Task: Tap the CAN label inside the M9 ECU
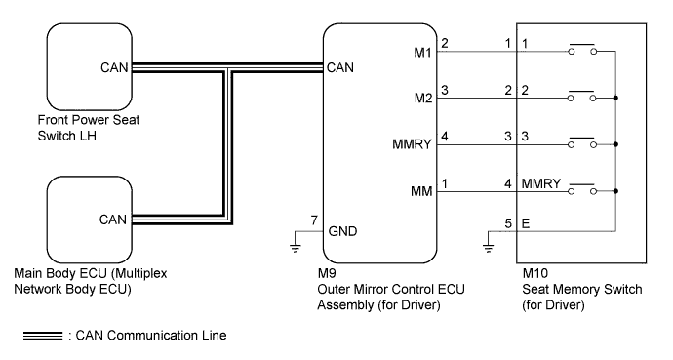[340, 67]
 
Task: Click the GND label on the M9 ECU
[342, 231]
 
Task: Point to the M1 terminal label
[422, 53]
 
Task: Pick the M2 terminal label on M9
[423, 99]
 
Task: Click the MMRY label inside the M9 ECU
[412, 144]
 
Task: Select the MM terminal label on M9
[421, 191]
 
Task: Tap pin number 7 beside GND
[314, 220]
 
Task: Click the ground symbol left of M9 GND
[296, 246]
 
